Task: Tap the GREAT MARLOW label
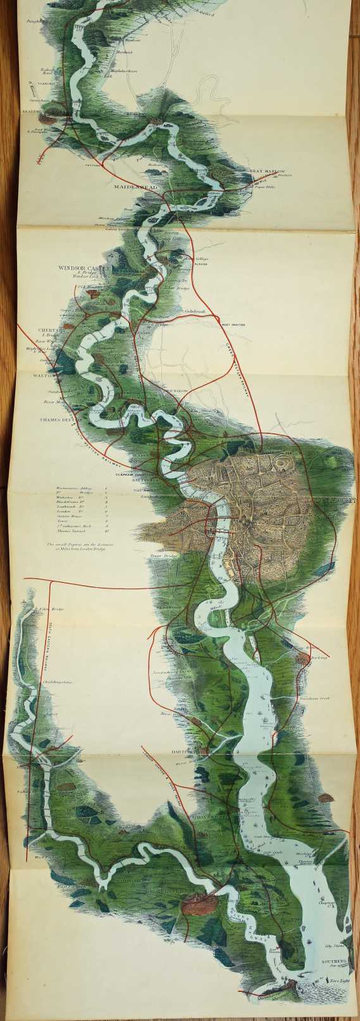[266, 171]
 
